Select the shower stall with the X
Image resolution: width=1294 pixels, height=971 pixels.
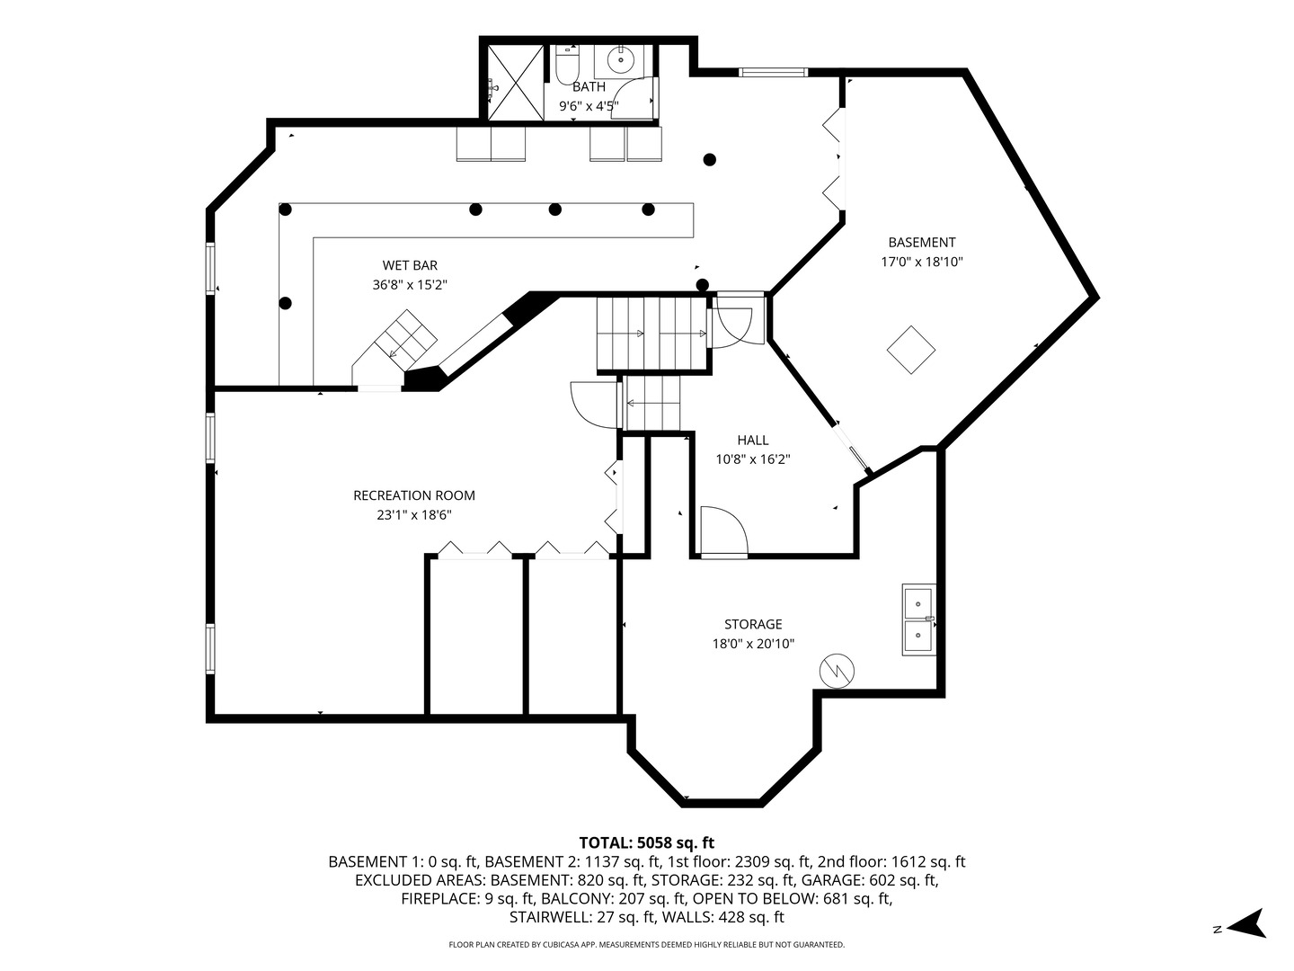516,83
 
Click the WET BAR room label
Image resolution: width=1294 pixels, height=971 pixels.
410,265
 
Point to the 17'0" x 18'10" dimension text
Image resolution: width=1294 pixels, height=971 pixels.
921,262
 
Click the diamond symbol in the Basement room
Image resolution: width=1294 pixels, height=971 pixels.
911,350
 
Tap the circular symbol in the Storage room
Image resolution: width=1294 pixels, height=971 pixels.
837,671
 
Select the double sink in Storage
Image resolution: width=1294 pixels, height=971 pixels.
918,619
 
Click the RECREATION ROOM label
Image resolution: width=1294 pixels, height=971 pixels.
414,495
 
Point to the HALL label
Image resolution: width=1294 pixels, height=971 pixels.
753,440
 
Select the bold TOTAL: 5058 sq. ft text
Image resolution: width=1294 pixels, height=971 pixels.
647,842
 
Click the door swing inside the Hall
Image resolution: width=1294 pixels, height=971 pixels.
724,530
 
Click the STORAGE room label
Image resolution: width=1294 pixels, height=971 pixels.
753,624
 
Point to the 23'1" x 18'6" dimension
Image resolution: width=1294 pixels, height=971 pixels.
414,514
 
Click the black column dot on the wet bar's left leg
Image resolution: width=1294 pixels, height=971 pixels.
286,304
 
